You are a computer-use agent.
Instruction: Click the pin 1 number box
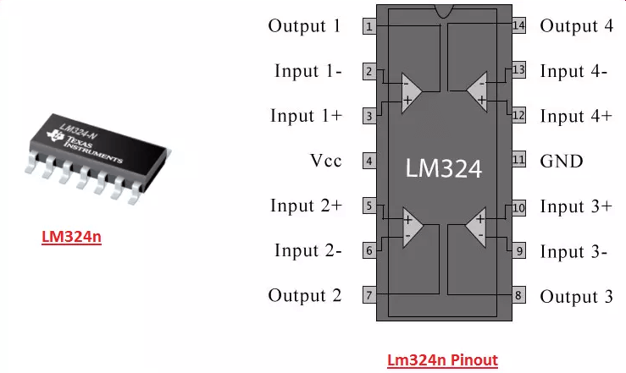(369, 26)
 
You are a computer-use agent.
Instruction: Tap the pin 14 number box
(518, 25)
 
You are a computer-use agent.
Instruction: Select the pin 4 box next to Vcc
(369, 161)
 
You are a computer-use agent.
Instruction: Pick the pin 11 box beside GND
(518, 160)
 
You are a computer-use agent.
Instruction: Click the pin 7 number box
(369, 295)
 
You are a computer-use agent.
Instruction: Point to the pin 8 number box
(518, 295)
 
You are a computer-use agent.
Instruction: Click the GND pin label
(562, 162)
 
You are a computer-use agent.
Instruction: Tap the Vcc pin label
(326, 161)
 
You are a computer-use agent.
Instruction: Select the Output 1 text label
(304, 26)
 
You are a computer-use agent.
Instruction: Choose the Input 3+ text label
(576, 206)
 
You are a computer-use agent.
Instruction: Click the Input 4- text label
(573, 71)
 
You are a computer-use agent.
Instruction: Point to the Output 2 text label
(305, 295)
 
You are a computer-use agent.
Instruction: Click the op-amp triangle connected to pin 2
(411, 92)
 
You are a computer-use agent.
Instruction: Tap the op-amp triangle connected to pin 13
(477, 91)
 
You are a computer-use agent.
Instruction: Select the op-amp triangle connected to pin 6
(413, 227)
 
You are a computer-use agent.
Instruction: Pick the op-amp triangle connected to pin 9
(476, 227)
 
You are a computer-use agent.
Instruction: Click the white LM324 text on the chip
(444, 167)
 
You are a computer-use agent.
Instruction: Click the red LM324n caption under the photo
(71, 237)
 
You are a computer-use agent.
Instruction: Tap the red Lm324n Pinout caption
(442, 359)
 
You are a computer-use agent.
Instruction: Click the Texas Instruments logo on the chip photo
(55, 135)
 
